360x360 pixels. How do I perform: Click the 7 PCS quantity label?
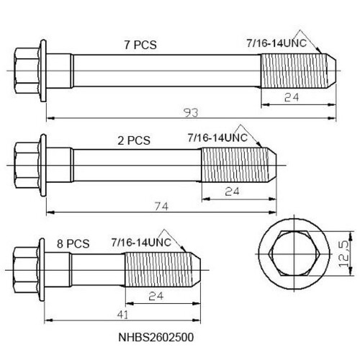(x=140, y=45)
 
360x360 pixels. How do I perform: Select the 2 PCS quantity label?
(x=134, y=140)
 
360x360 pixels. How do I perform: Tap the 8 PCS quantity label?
(x=73, y=243)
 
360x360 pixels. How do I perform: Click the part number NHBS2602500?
(x=156, y=337)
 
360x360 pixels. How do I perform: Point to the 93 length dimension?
(x=191, y=112)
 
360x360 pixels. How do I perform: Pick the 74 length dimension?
(x=161, y=206)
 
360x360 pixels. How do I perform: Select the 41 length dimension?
(x=123, y=315)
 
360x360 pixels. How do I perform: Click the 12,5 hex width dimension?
(x=344, y=254)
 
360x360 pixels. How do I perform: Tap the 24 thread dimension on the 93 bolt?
(x=292, y=97)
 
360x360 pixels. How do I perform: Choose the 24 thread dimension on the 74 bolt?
(x=232, y=192)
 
